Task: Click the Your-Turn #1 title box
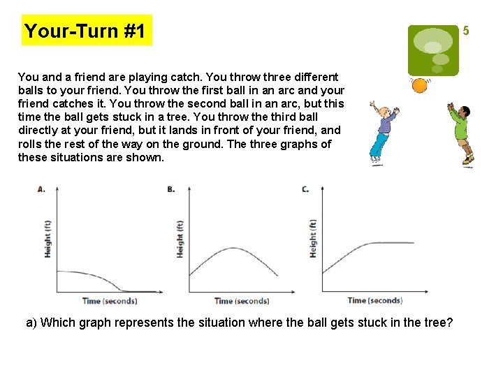coord(87,31)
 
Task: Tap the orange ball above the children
coord(419,86)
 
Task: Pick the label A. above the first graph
coord(41,189)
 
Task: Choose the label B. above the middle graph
coord(171,189)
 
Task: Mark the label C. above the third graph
coord(305,189)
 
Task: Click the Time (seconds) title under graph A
coord(110,301)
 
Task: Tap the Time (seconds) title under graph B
coord(242,301)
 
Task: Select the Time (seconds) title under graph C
coord(375,300)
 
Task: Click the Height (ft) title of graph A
coord(48,239)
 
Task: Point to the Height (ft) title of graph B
coord(180,239)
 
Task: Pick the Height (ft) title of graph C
coord(313,238)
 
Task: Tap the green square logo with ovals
coord(433,50)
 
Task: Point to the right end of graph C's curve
coord(413,243)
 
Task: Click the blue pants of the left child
coord(379,147)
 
